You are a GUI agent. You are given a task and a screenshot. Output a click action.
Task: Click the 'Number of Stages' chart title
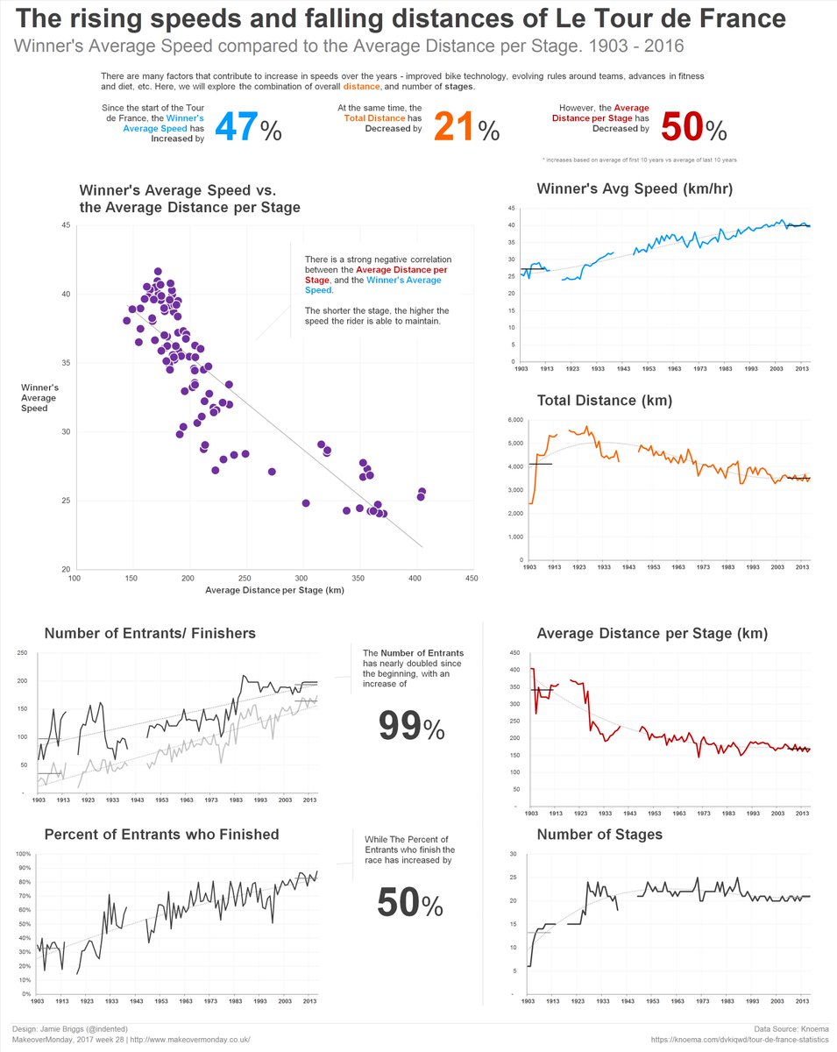tap(599, 835)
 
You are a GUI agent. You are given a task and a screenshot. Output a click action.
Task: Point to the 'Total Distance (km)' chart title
tap(604, 401)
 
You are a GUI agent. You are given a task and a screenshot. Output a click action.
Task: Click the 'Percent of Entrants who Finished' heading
tap(161, 835)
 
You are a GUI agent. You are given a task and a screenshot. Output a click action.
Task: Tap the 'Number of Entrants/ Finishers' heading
tap(150, 633)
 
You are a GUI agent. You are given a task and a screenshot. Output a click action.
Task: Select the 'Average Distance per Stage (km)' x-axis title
tap(273, 590)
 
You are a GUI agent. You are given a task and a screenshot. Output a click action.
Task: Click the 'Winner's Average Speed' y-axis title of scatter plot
tap(40, 397)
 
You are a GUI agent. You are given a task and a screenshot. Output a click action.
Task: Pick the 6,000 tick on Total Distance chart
tap(514, 421)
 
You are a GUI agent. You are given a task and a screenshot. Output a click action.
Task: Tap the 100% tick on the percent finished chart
tap(24, 854)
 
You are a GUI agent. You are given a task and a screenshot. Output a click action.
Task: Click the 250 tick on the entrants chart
tap(24, 653)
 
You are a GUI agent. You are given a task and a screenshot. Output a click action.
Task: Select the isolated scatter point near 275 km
tap(272, 472)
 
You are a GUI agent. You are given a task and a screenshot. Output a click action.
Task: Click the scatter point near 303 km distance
tap(306, 503)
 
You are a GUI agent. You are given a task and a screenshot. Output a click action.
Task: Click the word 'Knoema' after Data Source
tap(814, 1028)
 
